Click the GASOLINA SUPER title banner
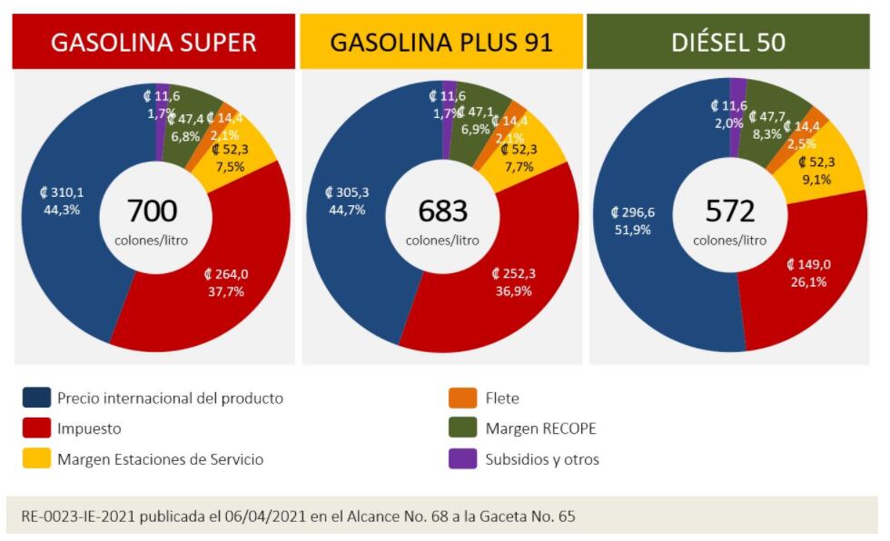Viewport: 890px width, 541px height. click(x=153, y=42)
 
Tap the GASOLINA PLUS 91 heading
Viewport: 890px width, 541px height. click(x=441, y=42)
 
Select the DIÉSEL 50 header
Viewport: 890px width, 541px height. click(x=729, y=42)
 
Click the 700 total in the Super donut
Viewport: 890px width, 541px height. click(x=153, y=211)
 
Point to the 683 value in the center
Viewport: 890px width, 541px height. click(x=442, y=211)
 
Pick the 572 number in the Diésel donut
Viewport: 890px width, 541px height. click(x=730, y=211)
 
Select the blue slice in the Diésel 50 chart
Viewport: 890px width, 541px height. click(x=654, y=272)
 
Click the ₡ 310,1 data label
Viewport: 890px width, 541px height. click(x=61, y=192)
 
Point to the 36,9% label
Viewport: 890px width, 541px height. click(x=513, y=291)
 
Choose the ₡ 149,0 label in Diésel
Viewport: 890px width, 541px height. click(x=808, y=264)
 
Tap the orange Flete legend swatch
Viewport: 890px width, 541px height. click(x=463, y=398)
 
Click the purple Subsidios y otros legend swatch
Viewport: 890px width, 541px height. click(x=463, y=458)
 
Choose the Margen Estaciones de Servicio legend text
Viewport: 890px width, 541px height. click(x=160, y=459)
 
